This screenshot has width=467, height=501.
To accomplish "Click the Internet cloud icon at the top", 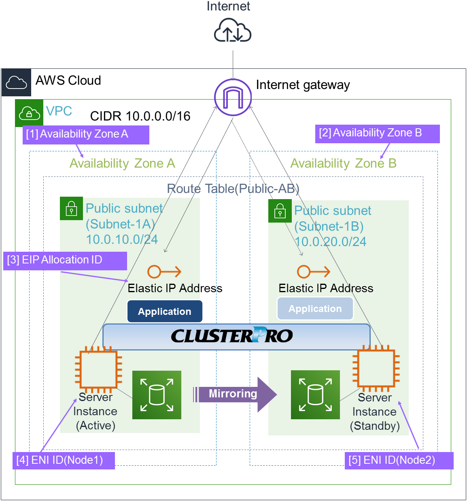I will click(x=233, y=30).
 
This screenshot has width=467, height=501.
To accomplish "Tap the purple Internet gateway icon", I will click(x=233, y=97).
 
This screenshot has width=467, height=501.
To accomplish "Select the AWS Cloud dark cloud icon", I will click(x=17, y=83).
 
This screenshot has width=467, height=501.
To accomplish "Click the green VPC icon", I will click(x=29, y=113).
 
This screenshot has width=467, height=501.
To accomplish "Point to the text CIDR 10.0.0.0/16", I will click(x=140, y=116).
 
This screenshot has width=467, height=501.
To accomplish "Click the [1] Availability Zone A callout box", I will click(x=86, y=134).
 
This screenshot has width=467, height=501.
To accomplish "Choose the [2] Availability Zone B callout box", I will click(x=377, y=134).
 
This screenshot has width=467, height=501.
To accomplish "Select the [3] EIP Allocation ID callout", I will click(x=65, y=261).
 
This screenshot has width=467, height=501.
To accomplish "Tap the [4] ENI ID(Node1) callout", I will click(x=64, y=461).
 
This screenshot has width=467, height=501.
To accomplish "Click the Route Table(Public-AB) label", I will click(x=233, y=189).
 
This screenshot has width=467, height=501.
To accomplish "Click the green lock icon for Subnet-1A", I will click(x=71, y=208).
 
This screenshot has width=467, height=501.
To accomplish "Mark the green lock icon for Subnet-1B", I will click(x=280, y=210).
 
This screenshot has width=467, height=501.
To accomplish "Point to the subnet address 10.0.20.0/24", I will click(x=331, y=242).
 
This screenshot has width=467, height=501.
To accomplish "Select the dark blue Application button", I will click(x=165, y=311).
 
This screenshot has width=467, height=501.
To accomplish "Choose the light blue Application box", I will click(x=315, y=309).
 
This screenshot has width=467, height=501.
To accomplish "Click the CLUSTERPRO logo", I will click(x=232, y=335).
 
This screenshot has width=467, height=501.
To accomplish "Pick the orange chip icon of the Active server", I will click(x=98, y=369).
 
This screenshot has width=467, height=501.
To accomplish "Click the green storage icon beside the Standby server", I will click(x=315, y=395).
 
